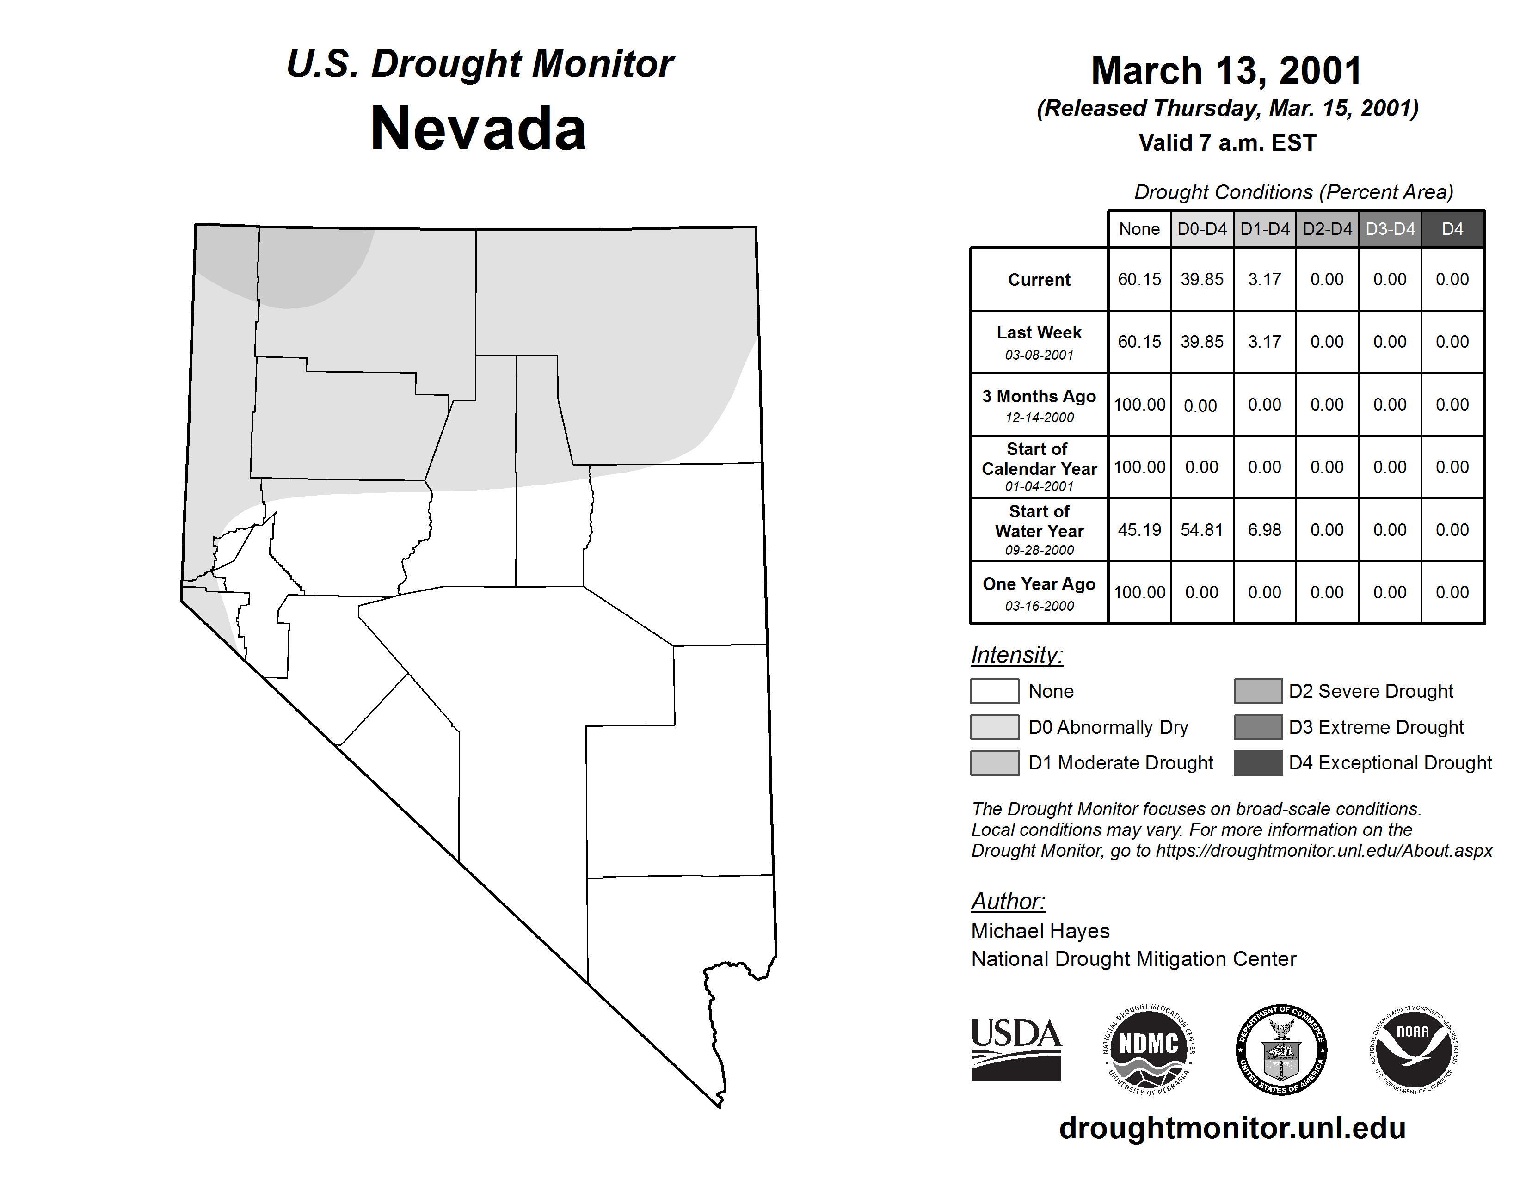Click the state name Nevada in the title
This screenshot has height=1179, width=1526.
coord(478,129)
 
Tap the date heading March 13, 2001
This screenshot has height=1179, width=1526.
coord(1226,71)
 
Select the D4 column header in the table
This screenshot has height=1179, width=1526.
coord(1452,229)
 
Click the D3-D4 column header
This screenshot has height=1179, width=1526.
coord(1390,229)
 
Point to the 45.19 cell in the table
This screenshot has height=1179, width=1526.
coord(1139,530)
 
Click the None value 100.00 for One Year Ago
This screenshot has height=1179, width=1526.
coord(1139,592)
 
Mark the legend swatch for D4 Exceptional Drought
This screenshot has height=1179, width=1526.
coord(1258,763)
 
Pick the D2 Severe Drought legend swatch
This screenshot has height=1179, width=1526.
coord(1258,691)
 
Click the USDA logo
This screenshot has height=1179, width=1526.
coord(1016,1049)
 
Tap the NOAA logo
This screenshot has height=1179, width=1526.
coord(1414,1049)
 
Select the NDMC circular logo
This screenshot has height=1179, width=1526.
coord(1148,1049)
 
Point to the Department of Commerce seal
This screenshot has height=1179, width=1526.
coord(1281,1049)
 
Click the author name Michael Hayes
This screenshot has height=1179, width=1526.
coord(1040,931)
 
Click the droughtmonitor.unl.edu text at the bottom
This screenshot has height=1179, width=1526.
coord(1232,1128)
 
